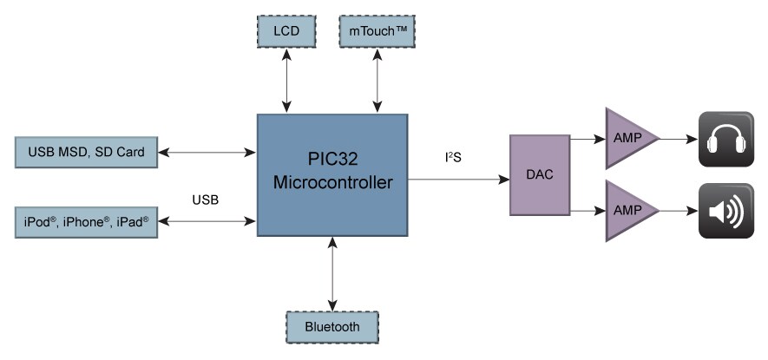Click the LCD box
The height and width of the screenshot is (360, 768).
coord(286,32)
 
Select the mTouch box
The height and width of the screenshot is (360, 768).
coord(377,32)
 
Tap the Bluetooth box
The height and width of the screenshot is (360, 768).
coord(331,328)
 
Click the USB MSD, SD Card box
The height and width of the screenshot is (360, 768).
coord(87,153)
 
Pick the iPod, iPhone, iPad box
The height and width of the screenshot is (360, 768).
coord(87,222)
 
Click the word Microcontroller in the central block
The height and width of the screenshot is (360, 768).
coord(332,183)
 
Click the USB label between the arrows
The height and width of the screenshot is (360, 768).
coord(205,200)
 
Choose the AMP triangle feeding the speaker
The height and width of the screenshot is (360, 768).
coord(629,210)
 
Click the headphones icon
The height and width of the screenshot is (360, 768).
coord(726,139)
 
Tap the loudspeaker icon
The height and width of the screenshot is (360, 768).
coord(726,211)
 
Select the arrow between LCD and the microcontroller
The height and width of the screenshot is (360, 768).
coord(286,81)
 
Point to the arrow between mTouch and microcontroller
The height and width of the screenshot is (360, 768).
coord(377,81)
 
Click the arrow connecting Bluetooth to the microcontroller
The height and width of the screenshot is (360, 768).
coord(331,273)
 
